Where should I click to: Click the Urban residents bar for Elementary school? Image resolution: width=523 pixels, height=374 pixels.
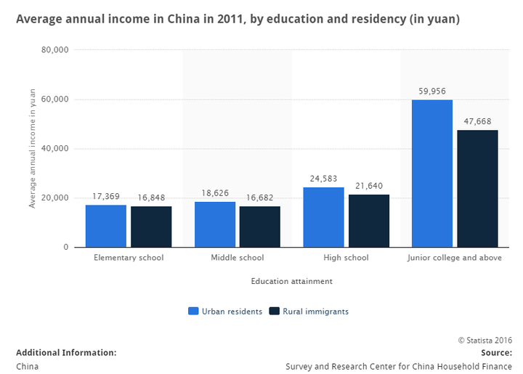click(106, 226)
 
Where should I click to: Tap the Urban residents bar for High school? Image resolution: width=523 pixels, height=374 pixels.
click(324, 217)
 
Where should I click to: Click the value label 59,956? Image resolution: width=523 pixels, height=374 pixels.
click(432, 92)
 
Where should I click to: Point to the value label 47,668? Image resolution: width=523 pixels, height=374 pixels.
click(477, 122)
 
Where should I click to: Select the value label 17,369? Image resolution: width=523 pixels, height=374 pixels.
click(106, 197)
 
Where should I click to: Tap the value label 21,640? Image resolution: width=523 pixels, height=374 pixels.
click(369, 187)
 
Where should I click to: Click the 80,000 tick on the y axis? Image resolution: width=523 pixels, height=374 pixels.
click(55, 50)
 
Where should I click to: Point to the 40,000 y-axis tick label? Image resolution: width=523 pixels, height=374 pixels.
click(55, 149)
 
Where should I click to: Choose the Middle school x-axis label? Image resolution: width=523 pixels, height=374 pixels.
click(238, 258)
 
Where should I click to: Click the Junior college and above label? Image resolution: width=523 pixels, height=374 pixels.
click(455, 258)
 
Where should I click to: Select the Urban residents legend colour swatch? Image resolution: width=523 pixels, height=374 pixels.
click(193, 312)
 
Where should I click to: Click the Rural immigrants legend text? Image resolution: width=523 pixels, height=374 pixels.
click(315, 312)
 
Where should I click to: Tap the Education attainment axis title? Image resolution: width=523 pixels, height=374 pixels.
click(292, 280)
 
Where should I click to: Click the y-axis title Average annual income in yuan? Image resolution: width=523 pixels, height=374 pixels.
click(32, 148)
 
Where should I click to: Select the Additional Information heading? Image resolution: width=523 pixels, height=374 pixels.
click(66, 352)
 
